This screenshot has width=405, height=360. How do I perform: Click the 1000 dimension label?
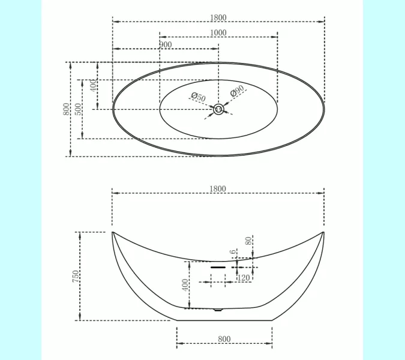click(x=218, y=32)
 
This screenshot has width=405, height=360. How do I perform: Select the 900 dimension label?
click(x=166, y=45)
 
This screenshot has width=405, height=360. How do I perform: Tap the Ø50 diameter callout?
click(x=198, y=97)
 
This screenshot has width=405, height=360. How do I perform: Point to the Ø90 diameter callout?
click(x=237, y=91)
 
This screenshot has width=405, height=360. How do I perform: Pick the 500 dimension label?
click(x=79, y=109)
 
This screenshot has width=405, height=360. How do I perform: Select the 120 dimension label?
click(x=244, y=277)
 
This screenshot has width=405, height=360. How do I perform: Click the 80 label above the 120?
click(x=248, y=241)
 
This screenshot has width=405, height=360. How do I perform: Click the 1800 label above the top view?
click(x=218, y=18)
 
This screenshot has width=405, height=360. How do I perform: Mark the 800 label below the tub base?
click(x=224, y=339)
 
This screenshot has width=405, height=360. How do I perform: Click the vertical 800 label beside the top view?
click(x=65, y=109)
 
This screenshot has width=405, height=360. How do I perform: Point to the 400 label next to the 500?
click(x=93, y=85)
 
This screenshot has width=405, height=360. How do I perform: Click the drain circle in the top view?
click(x=218, y=109)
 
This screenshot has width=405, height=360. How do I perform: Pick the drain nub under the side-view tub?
click(x=218, y=310)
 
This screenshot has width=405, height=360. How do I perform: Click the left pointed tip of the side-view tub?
click(x=112, y=232)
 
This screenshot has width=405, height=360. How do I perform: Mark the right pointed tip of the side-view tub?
click(x=324, y=232)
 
